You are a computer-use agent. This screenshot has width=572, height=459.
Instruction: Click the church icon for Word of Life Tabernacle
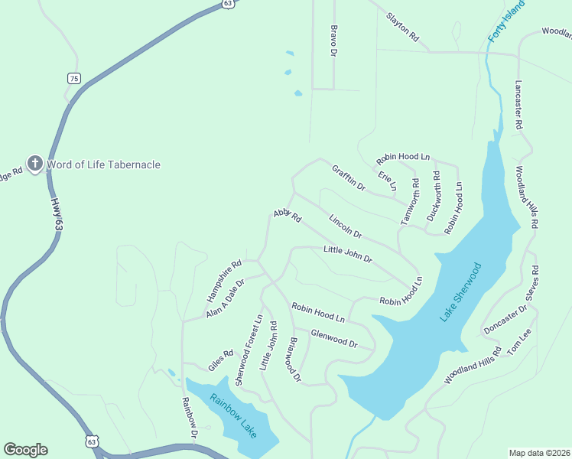[x=34, y=164]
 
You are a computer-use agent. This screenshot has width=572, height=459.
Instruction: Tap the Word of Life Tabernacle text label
[x=104, y=164]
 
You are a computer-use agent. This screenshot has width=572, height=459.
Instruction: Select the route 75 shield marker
[x=73, y=78]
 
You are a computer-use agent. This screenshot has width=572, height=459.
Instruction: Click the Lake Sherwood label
[x=461, y=291]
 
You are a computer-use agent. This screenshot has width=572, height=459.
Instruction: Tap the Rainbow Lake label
[x=235, y=416]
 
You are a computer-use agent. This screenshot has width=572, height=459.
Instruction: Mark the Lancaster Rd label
[x=518, y=104]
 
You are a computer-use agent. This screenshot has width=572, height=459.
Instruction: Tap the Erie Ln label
[x=388, y=181]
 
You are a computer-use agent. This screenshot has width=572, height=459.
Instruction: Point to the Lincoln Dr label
[x=345, y=226]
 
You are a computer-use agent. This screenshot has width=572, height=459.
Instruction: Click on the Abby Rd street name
[x=288, y=216]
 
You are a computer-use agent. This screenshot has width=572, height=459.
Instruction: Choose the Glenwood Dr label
[x=334, y=338]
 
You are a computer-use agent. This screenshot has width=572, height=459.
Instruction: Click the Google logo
[x=25, y=450]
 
